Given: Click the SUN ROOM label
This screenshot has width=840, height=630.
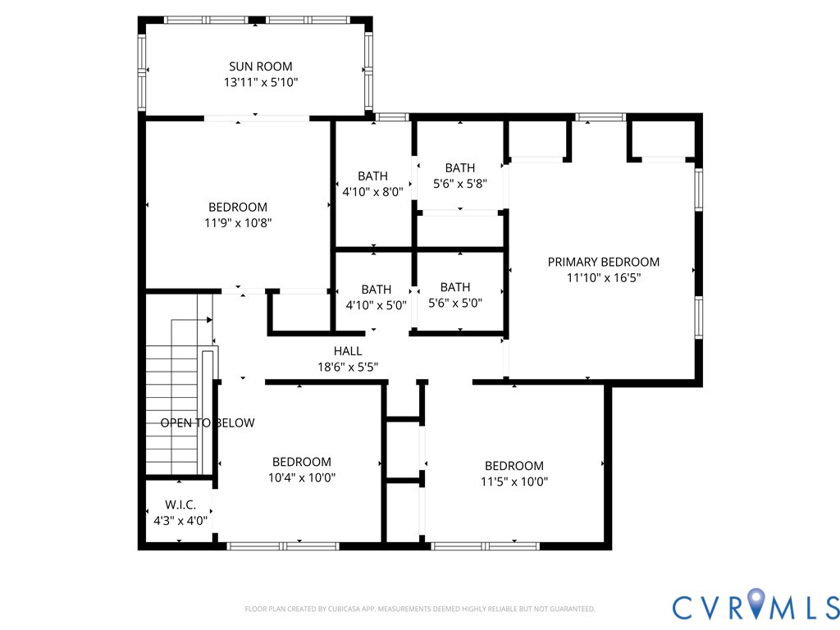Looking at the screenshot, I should [x=260, y=66].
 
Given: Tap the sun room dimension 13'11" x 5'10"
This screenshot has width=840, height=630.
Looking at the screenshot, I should [x=260, y=82].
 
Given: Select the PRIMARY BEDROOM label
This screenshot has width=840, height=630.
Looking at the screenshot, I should [x=603, y=262].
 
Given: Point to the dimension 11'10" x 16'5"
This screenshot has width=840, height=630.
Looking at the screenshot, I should [x=603, y=277].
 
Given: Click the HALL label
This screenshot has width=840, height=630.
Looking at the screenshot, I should [x=348, y=351].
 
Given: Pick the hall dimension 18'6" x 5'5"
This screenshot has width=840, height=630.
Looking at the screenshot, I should [x=348, y=367].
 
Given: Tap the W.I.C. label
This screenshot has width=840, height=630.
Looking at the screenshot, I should [x=180, y=504].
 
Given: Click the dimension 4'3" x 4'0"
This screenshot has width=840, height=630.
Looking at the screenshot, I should [x=180, y=520].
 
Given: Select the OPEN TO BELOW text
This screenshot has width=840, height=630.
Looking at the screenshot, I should [x=207, y=423].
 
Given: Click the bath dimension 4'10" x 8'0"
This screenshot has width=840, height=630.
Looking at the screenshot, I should [x=372, y=191].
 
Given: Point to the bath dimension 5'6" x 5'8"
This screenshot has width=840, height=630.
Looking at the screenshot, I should [x=459, y=184].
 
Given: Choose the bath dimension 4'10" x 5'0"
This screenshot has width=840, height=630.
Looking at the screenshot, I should [x=376, y=303].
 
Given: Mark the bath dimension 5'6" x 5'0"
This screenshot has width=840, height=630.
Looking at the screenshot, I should [x=454, y=303].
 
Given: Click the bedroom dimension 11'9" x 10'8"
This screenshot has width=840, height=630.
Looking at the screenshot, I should [x=237, y=222].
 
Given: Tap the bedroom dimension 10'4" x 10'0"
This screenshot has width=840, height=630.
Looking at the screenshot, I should [x=301, y=477].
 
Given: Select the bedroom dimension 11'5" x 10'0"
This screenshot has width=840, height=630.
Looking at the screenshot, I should [x=514, y=482].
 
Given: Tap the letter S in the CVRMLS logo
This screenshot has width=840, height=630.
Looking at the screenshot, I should [x=829, y=607].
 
